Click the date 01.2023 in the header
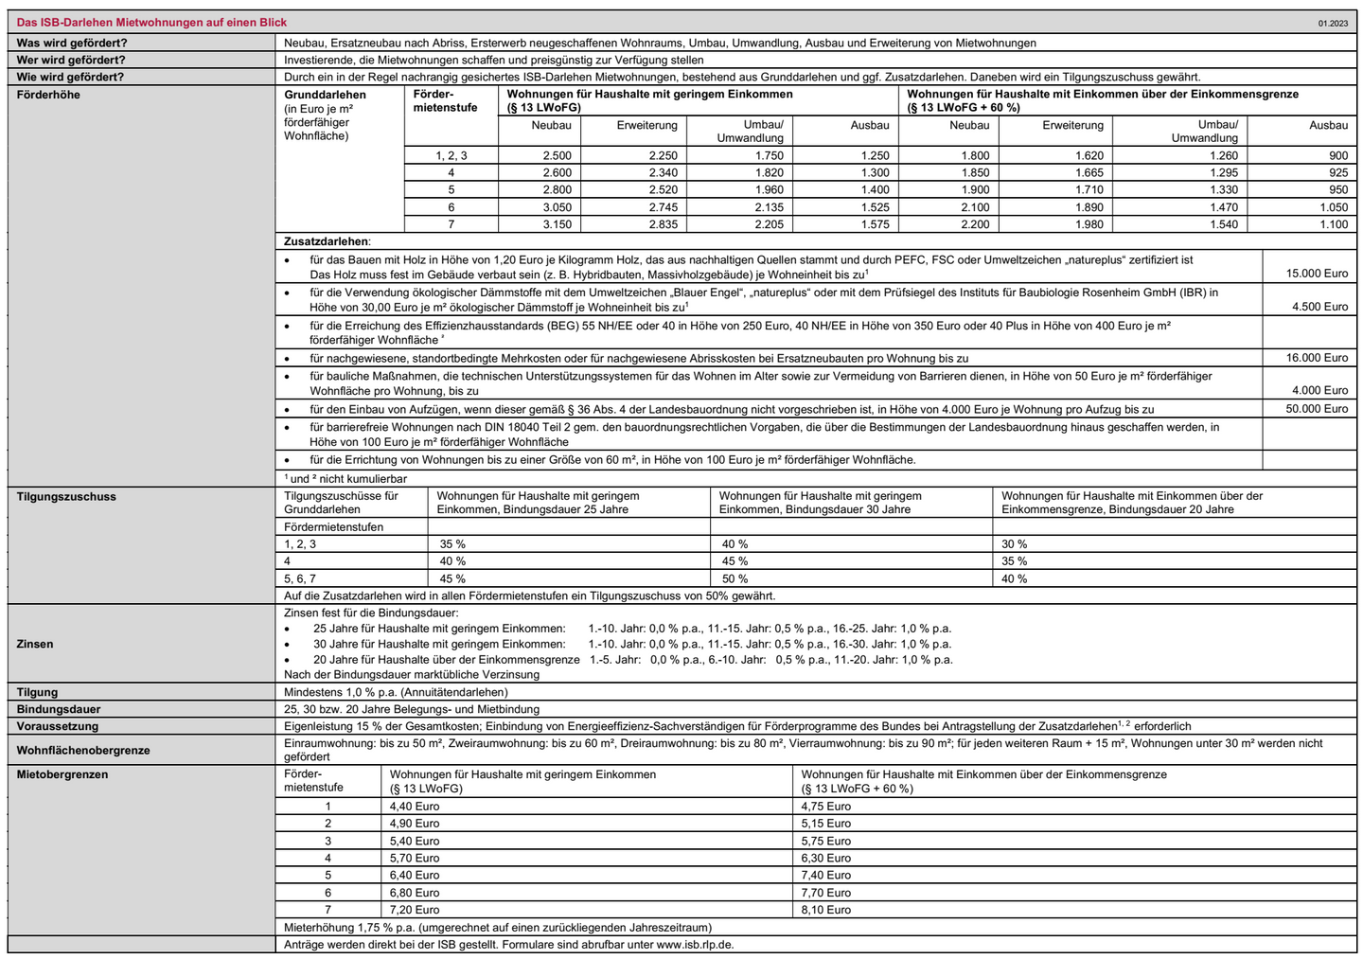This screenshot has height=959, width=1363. coord(1332,23)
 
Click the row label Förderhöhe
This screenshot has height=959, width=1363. coord(48,95)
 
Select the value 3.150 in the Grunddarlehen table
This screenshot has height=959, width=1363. coord(557,224)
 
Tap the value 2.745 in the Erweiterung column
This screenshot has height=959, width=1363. coord(663,207)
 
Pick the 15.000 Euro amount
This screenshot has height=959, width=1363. coord(1317,274)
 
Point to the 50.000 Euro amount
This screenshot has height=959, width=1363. coord(1317,409)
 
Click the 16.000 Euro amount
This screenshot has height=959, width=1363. coord(1317,358)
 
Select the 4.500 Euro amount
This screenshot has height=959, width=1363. coord(1319,307)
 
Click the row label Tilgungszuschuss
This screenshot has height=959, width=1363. coord(66,496)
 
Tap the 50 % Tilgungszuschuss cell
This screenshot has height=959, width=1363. coord(735,578)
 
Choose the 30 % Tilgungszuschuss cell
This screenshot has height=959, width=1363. coord(1014,544)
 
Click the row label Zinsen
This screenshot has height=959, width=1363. coord(35,644)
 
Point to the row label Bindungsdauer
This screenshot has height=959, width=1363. coord(59,709)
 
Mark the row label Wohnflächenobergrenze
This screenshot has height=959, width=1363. coord(83,750)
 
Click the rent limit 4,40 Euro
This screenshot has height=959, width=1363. coord(415,807)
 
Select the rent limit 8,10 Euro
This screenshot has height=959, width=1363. coord(825,910)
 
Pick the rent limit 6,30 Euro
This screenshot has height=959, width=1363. coord(825,858)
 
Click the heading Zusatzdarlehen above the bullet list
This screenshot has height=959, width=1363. coord(327,241)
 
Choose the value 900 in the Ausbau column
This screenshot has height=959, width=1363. coord(1337,155)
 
